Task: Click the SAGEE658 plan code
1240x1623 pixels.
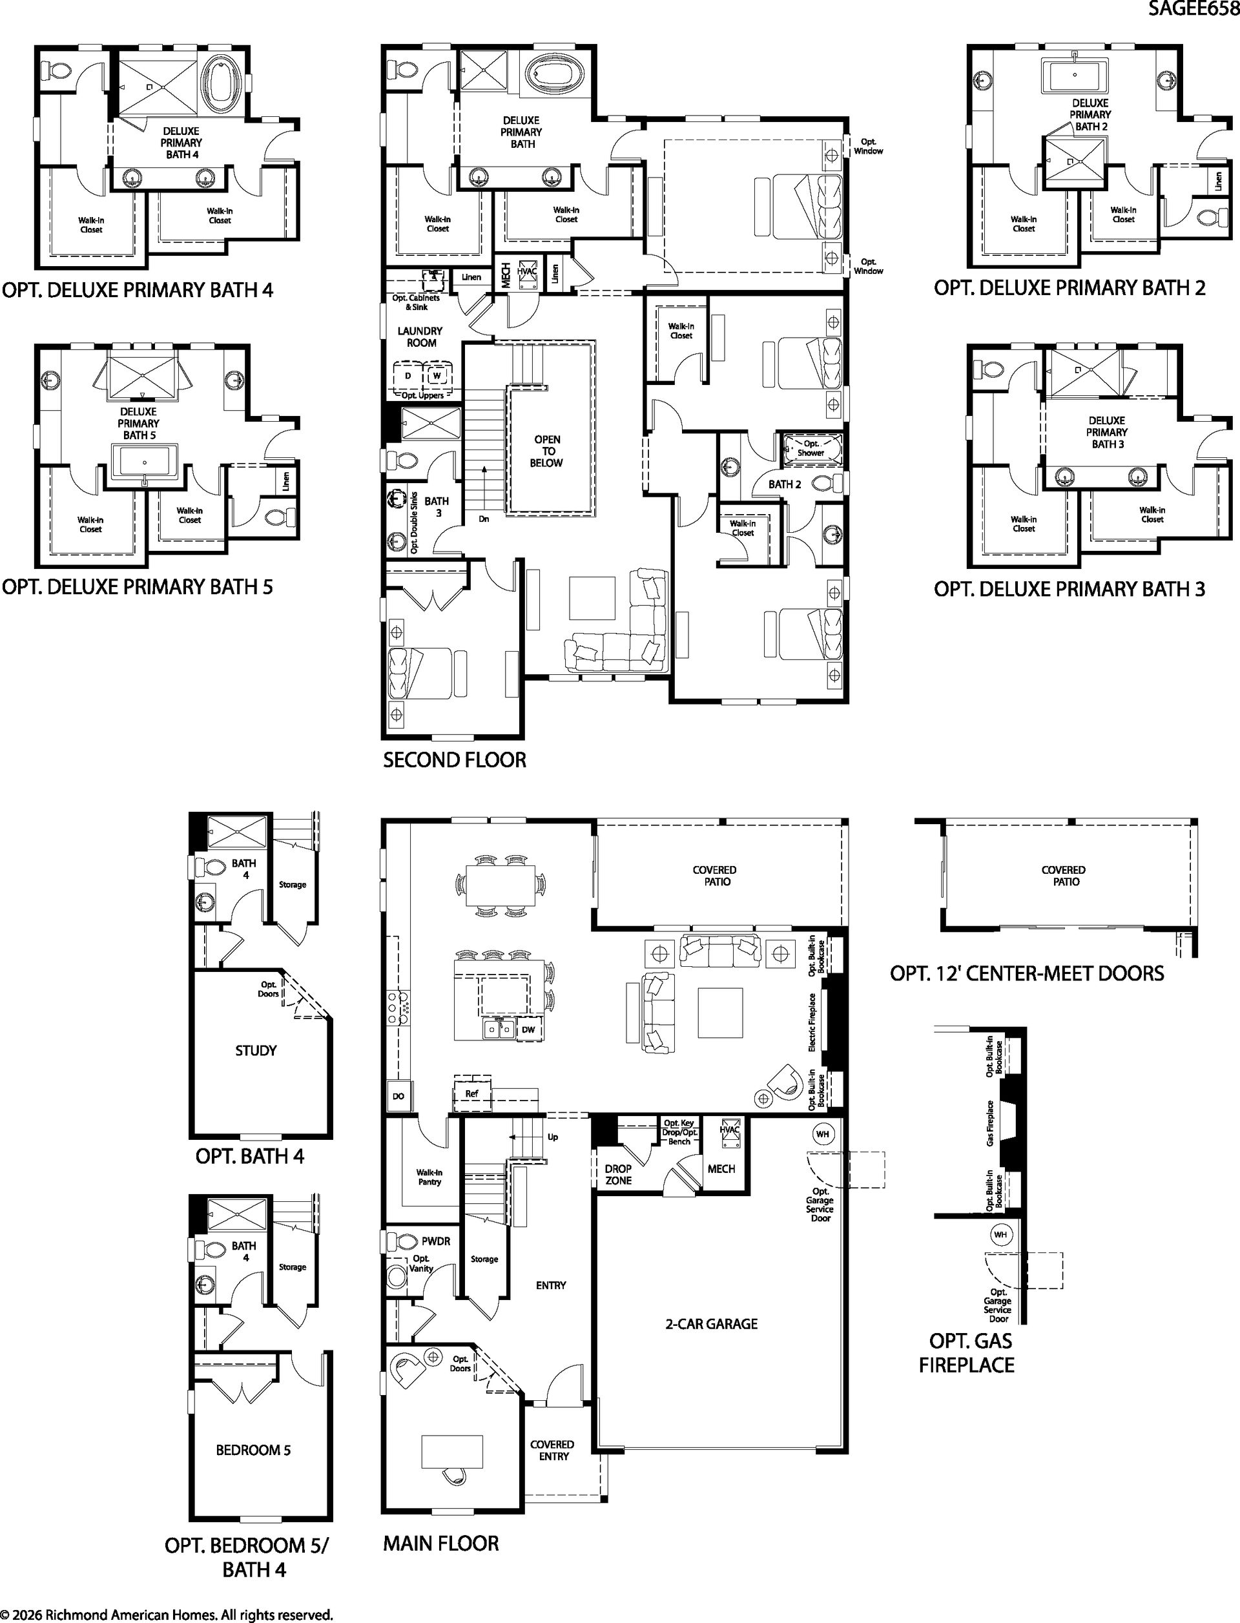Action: point(1193,9)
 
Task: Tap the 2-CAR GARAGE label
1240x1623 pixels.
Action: point(712,1324)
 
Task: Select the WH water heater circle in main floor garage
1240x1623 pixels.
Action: point(822,1133)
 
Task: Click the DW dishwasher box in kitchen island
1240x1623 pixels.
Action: point(528,1029)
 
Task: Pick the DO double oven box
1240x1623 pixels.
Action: point(398,1096)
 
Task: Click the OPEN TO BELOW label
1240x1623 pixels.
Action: point(547,451)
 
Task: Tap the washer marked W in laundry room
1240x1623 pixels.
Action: point(436,376)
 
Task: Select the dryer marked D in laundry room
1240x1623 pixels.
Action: point(408,376)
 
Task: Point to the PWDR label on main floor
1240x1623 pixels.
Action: point(435,1241)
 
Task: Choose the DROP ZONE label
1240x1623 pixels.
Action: point(619,1174)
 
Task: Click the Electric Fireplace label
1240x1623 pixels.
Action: point(812,1022)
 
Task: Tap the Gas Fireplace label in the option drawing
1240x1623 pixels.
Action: point(991,1123)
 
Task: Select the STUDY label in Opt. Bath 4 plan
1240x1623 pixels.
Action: point(256,1050)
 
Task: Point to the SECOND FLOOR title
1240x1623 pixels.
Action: point(455,760)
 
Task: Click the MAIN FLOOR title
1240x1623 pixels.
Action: point(441,1544)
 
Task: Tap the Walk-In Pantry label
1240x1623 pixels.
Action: point(429,1177)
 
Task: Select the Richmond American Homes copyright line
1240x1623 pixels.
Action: point(167,1615)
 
